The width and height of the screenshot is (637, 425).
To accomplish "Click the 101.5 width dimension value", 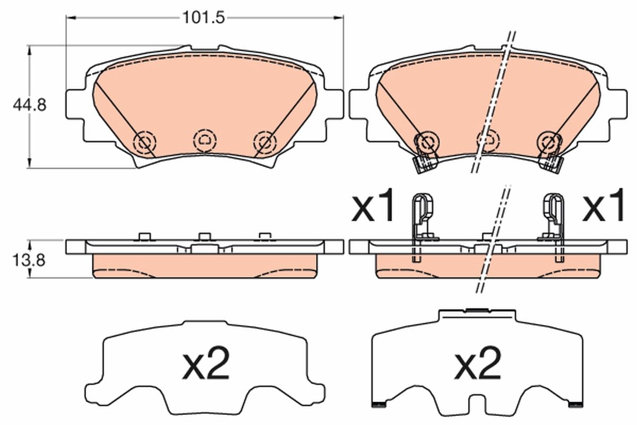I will click(204, 18).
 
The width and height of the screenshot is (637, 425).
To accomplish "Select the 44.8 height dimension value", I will click(30, 106).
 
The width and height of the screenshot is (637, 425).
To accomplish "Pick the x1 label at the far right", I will click(603, 207).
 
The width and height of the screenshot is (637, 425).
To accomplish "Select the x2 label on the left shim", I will click(205, 364).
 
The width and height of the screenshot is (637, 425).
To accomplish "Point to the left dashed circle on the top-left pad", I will click(144, 142).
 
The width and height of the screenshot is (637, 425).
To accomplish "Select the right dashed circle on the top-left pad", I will click(265, 142).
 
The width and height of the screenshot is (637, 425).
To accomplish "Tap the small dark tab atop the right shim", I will click(477, 309).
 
